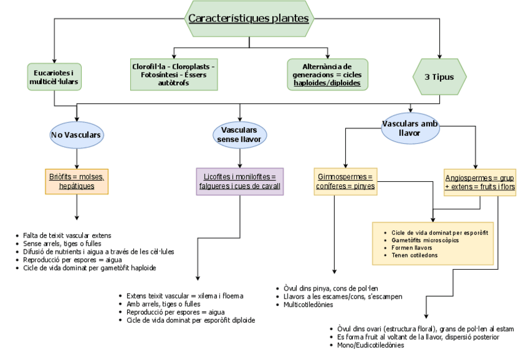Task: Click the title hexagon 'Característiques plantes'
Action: click(248, 18)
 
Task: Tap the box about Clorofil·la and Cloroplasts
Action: click(173, 74)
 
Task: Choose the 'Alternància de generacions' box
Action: click(327, 74)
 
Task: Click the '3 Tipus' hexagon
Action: click(440, 77)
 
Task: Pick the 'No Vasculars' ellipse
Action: click(77, 135)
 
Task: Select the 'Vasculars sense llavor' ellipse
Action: click(239, 135)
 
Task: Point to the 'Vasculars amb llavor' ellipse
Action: click(410, 128)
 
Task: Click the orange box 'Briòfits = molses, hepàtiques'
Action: click(77, 181)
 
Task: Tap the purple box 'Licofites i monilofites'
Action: click(240, 181)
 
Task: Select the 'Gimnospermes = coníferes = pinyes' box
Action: click(346, 181)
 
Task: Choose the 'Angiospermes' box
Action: click(479, 181)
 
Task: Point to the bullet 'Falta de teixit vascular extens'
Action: click(67, 235)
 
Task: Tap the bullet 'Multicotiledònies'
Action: click(308, 304)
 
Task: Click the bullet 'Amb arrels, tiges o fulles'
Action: click(163, 303)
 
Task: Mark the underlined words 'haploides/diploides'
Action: click(327, 83)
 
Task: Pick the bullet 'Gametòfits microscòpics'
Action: click(423, 240)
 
